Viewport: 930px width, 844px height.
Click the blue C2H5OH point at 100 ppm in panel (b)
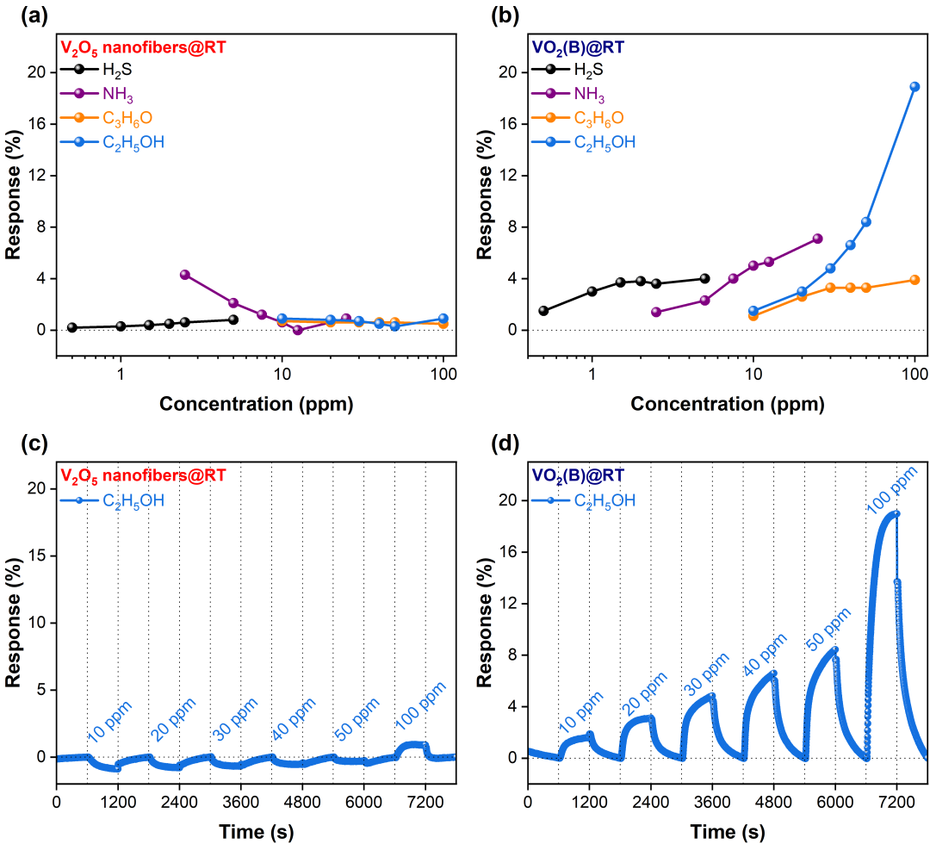[914, 86]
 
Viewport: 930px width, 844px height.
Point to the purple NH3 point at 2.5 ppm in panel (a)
[184, 275]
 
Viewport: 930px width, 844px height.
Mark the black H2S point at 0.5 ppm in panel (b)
[543, 311]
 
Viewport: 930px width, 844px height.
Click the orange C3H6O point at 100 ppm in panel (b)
[914, 280]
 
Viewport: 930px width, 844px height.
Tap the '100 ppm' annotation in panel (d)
[893, 489]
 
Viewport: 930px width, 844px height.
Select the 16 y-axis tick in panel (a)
[37, 124]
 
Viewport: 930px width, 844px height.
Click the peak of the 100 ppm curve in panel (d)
[896, 513]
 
